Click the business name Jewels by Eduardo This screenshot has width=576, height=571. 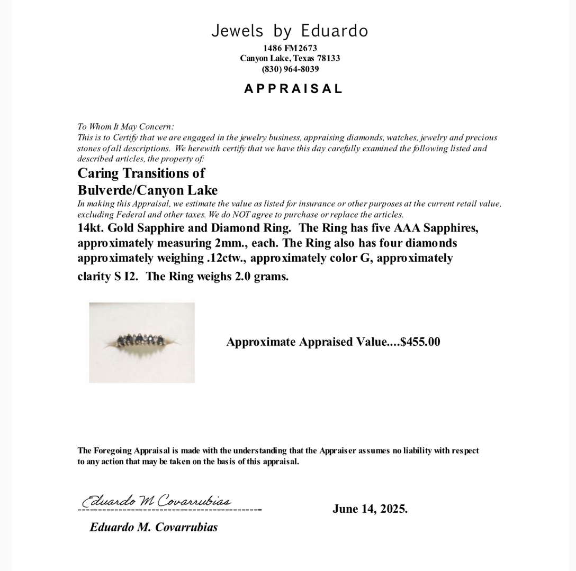[x=289, y=31]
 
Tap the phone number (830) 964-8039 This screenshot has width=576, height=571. [x=290, y=69]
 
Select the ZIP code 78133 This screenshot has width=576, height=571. [x=328, y=58]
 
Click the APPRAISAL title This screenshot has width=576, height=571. [x=293, y=89]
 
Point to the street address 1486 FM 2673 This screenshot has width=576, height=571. [x=290, y=48]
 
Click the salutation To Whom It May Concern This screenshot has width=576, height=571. [x=125, y=127]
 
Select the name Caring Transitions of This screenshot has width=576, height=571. [x=141, y=173]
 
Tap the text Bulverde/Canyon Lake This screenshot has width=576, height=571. [x=147, y=190]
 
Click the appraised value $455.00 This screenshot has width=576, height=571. [x=420, y=342]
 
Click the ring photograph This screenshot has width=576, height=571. [x=142, y=342]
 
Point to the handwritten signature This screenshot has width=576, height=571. [x=157, y=500]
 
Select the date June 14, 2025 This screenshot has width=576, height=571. [x=370, y=509]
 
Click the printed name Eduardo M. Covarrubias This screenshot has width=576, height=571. [x=154, y=527]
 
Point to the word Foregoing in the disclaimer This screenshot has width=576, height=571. [x=113, y=451]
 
